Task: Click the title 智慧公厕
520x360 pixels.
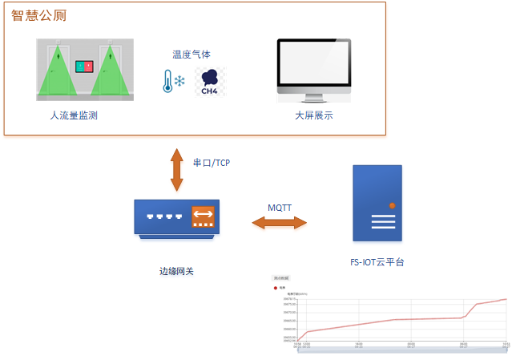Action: click(x=38, y=15)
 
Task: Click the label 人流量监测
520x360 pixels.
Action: click(x=79, y=115)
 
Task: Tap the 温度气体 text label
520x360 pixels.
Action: click(x=191, y=55)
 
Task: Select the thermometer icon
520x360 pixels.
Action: click(x=167, y=81)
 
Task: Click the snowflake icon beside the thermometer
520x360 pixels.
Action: click(x=180, y=82)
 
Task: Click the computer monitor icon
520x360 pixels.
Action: click(x=313, y=71)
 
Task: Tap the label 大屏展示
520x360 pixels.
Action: click(x=313, y=115)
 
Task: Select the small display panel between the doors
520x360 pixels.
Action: click(x=84, y=65)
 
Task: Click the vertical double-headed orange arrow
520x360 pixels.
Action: click(x=176, y=169)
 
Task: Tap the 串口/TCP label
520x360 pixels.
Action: click(x=212, y=162)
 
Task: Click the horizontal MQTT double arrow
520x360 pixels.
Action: click(x=280, y=223)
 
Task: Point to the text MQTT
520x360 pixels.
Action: click(x=280, y=208)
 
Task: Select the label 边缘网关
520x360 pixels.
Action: click(x=176, y=271)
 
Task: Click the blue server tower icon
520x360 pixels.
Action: click(x=377, y=203)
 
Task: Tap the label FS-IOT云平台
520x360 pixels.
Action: click(x=377, y=262)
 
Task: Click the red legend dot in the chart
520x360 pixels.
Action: click(x=276, y=287)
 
